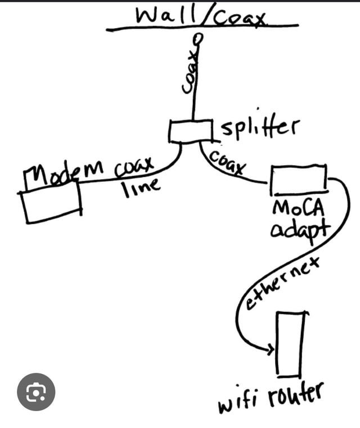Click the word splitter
pyautogui.click(x=260, y=128)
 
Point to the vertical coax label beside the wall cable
pyautogui.click(x=190, y=72)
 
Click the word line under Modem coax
pyautogui.click(x=141, y=188)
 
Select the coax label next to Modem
pyautogui.click(x=134, y=167)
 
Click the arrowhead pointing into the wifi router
pyautogui.click(x=271, y=349)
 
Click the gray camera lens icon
pyautogui.click(x=36, y=392)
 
